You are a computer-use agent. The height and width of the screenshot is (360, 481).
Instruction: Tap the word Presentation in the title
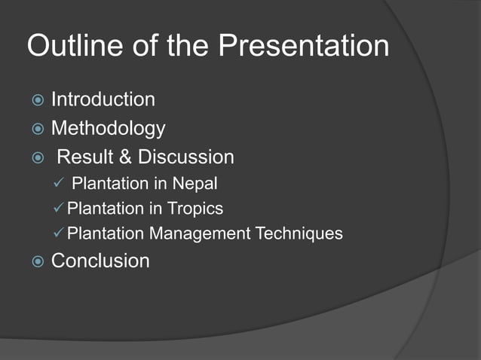[304, 46]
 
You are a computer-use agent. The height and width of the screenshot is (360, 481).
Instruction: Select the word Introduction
[103, 99]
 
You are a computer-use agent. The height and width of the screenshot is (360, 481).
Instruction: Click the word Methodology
[108, 128]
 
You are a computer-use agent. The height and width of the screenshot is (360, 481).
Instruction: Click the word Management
[198, 233]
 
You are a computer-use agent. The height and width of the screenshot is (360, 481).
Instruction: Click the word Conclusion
[100, 261]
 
